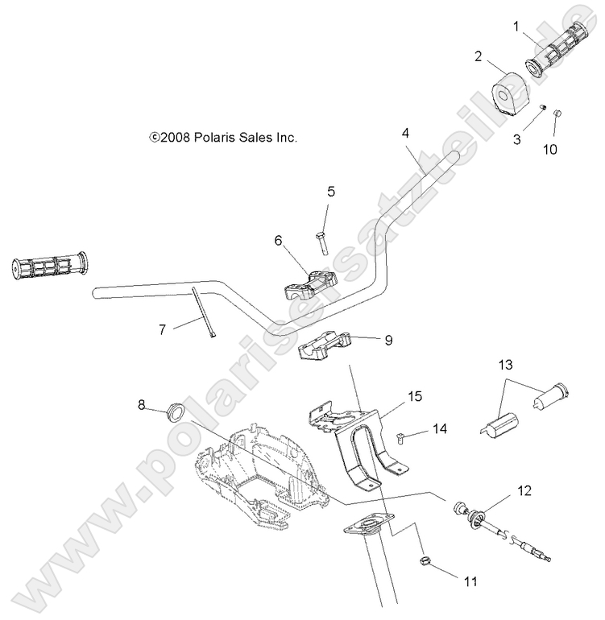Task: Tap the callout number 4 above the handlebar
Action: [x=407, y=131]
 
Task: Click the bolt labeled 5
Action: [x=321, y=241]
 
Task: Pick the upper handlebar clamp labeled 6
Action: [x=310, y=286]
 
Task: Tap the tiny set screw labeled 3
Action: [x=543, y=109]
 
